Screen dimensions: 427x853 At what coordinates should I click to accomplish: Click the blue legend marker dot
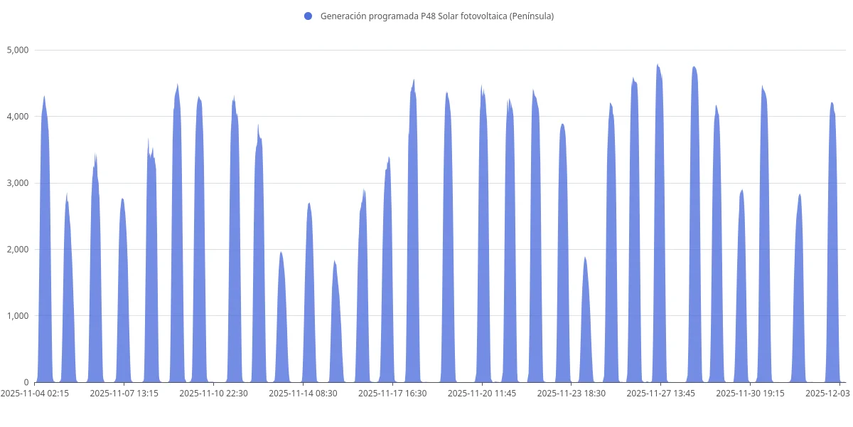[308, 16]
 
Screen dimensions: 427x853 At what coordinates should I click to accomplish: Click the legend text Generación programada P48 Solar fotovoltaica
[412, 16]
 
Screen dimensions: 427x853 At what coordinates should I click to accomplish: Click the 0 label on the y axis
[26, 382]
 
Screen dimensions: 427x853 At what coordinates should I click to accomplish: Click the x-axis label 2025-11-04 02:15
[35, 393]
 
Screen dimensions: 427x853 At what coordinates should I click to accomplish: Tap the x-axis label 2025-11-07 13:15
[124, 393]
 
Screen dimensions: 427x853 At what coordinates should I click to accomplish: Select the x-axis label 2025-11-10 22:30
[213, 393]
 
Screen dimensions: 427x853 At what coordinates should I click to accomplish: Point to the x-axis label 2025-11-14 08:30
[303, 393]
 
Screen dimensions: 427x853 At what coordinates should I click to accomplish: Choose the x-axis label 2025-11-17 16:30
[392, 393]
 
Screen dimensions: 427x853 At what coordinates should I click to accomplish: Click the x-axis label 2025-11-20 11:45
[482, 393]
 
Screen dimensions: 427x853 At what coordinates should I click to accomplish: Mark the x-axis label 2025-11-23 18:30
[572, 393]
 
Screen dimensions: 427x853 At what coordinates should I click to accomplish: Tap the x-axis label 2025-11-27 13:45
[661, 393]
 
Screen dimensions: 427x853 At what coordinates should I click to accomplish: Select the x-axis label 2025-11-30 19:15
[751, 393]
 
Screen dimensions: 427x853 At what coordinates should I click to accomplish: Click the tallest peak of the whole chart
[658, 65]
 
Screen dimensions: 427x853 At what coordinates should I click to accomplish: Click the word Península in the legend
[530, 16]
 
